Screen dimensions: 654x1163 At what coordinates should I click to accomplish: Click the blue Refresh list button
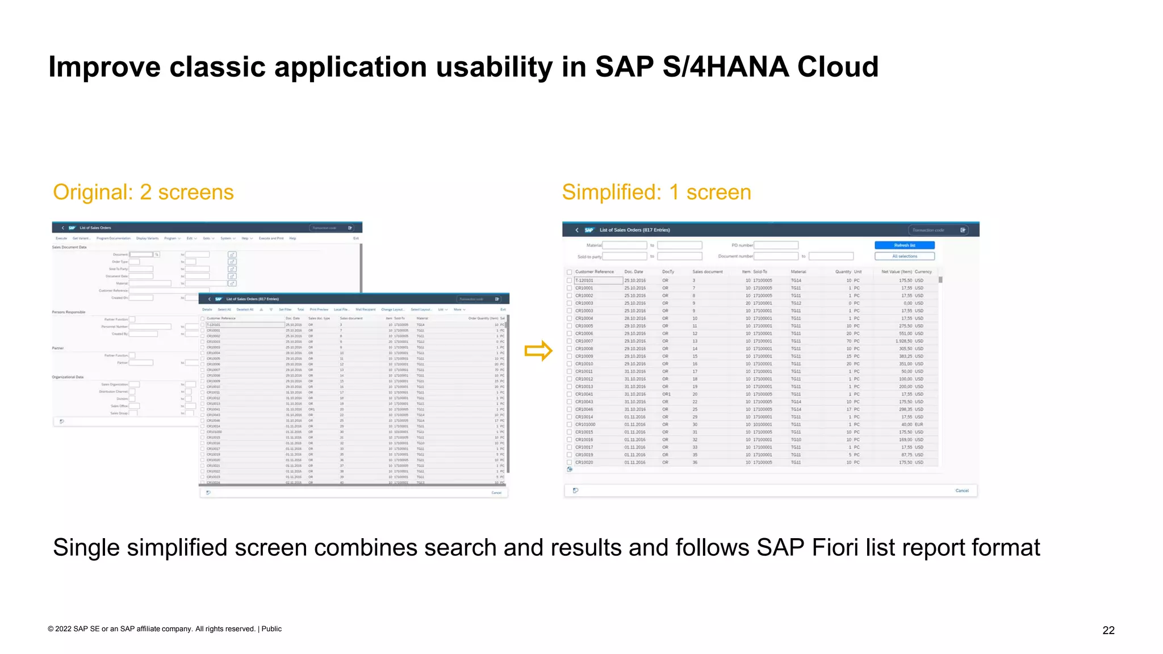(x=904, y=245)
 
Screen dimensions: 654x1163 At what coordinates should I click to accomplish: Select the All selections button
(x=904, y=256)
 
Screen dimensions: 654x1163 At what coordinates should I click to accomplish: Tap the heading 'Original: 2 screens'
(x=143, y=192)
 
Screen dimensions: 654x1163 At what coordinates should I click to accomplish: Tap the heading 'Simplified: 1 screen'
(x=656, y=192)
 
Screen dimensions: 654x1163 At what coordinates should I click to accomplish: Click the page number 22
(x=1108, y=630)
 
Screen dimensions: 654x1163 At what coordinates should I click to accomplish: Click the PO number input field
(x=776, y=245)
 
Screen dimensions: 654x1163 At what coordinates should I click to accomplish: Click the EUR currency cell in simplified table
(x=919, y=425)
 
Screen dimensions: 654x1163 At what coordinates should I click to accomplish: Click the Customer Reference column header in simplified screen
(x=594, y=272)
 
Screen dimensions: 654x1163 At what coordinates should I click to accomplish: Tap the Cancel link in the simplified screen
(x=961, y=491)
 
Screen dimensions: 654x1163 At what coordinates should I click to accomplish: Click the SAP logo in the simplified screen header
(x=589, y=230)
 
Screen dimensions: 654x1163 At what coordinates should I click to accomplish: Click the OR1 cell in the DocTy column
(x=666, y=394)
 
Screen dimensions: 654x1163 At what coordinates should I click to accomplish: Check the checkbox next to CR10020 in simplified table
(x=570, y=463)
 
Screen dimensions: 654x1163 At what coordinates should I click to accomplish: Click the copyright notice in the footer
(x=164, y=629)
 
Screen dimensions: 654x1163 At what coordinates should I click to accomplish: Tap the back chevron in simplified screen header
(x=577, y=230)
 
